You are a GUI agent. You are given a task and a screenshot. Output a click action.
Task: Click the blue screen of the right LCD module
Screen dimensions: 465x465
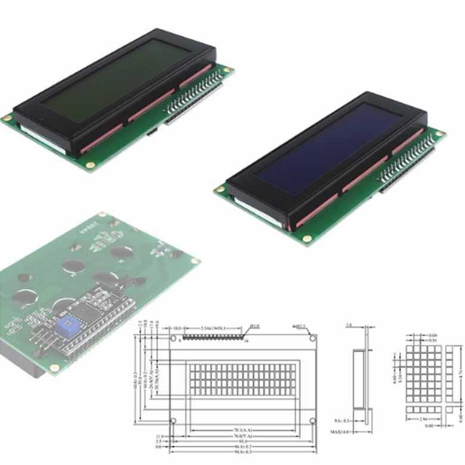(x=330, y=147)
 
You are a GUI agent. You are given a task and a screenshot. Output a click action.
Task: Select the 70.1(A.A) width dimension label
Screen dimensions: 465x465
(x=242, y=431)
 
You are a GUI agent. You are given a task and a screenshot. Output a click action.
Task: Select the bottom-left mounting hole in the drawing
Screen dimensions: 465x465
(x=173, y=421)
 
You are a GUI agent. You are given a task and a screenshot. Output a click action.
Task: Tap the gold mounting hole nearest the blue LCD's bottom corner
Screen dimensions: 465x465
(x=307, y=238)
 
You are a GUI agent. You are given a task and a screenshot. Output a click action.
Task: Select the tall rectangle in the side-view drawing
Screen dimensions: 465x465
(x=359, y=379)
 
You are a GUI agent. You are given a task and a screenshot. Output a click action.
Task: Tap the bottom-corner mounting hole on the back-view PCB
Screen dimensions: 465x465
(x=54, y=368)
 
